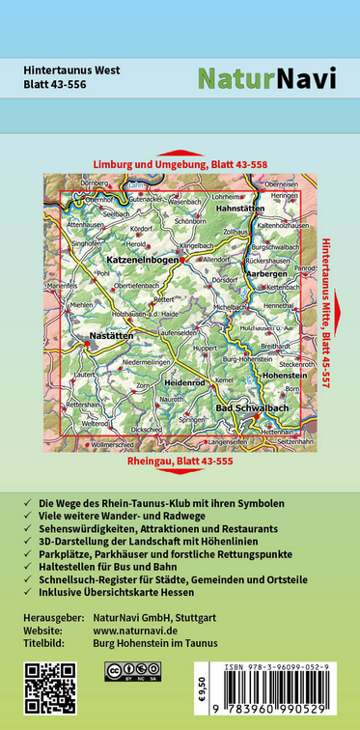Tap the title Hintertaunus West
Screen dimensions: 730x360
coord(72,69)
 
